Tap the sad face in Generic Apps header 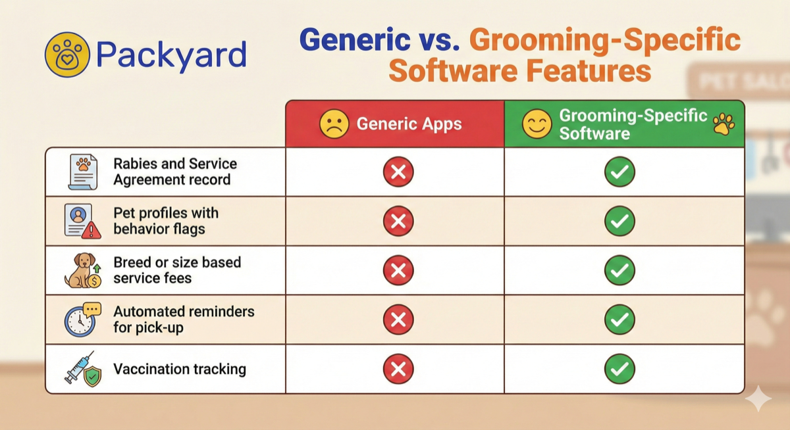[x=334, y=124]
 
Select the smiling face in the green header [x=537, y=124]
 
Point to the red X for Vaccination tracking [x=398, y=369]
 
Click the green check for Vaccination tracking [x=619, y=369]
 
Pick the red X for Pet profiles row [x=398, y=221]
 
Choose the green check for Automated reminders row [x=619, y=320]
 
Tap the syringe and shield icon [x=82, y=369]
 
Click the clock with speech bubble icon [x=82, y=320]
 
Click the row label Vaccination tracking [x=180, y=369]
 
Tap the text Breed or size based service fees [x=177, y=270]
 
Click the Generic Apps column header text [x=409, y=124]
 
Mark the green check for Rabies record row [x=619, y=172]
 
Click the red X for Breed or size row [x=398, y=270]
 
